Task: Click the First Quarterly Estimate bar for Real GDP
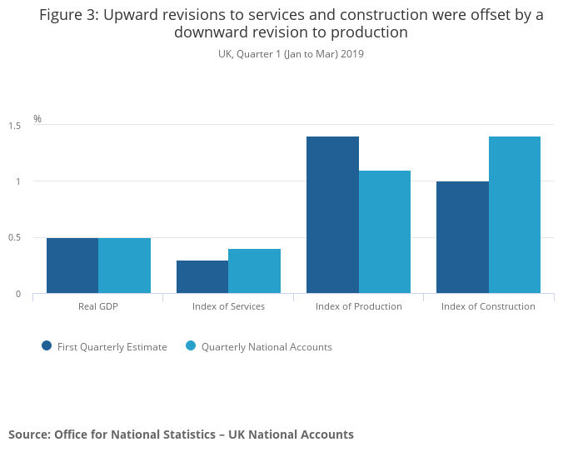tap(72, 266)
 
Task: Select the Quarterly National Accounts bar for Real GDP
tap(124, 266)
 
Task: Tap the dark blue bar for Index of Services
tap(202, 277)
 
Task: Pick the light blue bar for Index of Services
tap(254, 271)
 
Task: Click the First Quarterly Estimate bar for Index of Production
tap(332, 215)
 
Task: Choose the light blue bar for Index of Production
tap(385, 232)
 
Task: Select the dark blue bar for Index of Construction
tap(462, 237)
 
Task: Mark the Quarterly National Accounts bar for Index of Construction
tap(515, 215)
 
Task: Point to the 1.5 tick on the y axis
tap(14, 126)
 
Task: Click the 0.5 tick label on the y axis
tap(14, 238)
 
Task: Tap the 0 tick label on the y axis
tap(17, 294)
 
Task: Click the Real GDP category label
tap(98, 306)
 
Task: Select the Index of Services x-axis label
tap(228, 306)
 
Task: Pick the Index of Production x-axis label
tap(359, 306)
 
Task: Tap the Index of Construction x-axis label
tap(488, 306)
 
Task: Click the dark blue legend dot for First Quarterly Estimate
tap(47, 346)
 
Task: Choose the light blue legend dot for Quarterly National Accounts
tap(191, 346)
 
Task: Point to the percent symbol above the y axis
tap(37, 119)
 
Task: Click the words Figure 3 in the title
tap(67, 15)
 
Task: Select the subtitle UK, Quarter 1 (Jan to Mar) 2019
tap(291, 54)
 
